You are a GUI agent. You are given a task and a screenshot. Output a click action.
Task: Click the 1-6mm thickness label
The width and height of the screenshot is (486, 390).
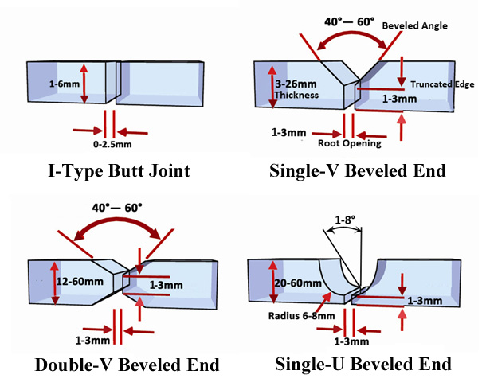point(65,84)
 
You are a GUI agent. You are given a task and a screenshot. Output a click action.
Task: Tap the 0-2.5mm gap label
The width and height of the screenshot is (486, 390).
point(112,144)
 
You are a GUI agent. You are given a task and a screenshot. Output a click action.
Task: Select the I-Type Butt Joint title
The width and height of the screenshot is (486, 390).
point(119,171)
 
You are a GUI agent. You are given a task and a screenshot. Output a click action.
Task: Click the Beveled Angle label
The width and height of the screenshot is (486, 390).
point(415,25)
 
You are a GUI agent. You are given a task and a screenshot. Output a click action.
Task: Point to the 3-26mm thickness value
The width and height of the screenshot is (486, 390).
point(296,84)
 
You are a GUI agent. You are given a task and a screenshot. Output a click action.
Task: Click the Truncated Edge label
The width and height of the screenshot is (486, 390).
point(442,84)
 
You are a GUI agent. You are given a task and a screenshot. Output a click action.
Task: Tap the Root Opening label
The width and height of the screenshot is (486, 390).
point(350,143)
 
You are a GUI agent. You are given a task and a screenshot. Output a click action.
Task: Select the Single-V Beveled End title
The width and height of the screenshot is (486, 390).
point(358,171)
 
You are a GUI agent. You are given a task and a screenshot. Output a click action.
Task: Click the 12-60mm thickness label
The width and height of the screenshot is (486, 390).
point(80,282)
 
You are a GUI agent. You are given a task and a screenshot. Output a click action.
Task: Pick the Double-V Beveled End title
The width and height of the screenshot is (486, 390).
point(127,365)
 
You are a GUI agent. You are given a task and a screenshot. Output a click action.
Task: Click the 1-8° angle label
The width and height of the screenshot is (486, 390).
point(345,220)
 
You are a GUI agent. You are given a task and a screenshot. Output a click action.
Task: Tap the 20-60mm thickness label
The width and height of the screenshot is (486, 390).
point(298,283)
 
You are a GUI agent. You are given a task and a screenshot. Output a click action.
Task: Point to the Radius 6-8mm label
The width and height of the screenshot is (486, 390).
point(302,316)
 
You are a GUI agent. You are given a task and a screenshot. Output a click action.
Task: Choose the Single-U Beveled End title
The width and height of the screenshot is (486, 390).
point(363,364)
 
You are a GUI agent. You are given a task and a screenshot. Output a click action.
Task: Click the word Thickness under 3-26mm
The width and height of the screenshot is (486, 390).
point(296,95)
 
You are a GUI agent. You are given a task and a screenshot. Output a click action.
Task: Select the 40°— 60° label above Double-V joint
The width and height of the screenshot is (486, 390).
point(117,208)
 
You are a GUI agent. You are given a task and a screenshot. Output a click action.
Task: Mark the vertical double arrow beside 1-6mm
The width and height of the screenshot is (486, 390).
point(84,84)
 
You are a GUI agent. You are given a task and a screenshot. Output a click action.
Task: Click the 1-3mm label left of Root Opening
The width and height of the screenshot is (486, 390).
point(289,132)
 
